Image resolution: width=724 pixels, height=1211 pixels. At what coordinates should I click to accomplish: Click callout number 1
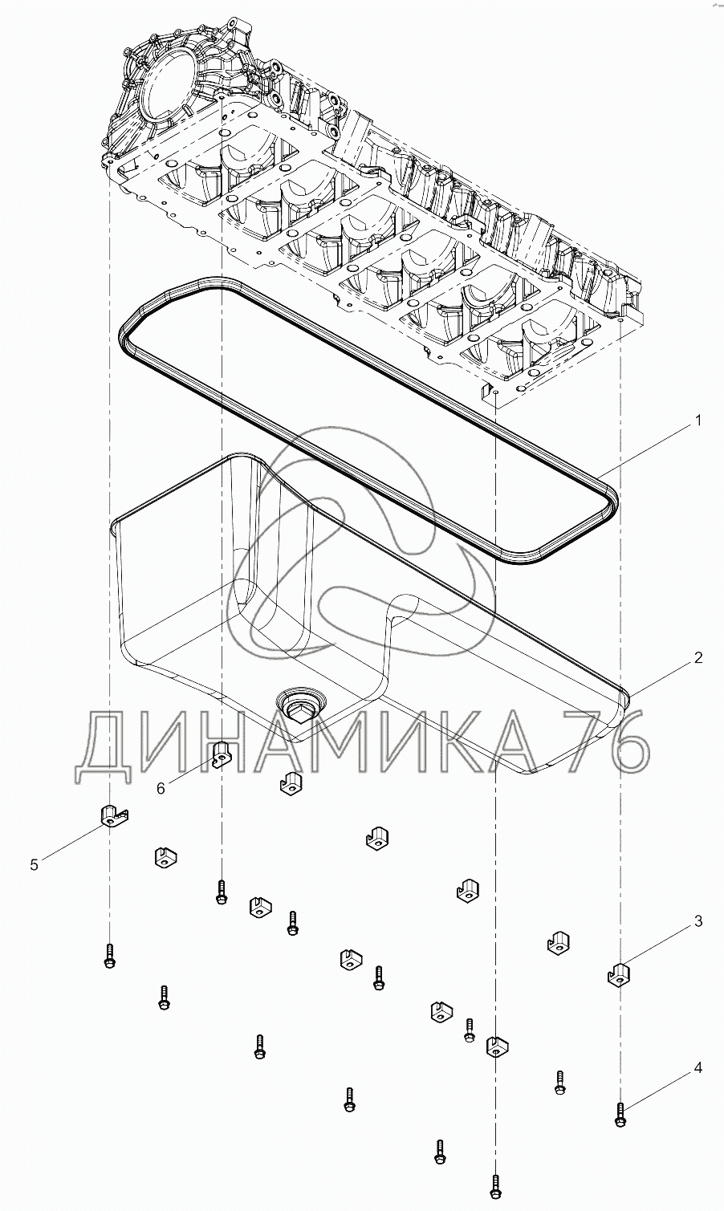pos(698,420)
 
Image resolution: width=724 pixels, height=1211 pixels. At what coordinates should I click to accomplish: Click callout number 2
pos(698,658)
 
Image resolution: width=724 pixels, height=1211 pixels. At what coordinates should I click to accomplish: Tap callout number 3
pos(698,921)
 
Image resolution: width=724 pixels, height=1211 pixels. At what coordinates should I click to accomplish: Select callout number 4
pos(698,1068)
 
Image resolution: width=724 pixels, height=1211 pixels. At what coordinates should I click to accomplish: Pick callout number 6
pos(161,788)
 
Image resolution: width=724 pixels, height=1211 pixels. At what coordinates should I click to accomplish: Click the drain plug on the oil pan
pos(299,705)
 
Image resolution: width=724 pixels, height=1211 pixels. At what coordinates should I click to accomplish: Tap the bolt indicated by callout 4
pos(620,1112)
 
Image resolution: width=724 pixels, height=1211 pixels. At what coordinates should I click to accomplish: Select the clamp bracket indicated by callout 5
pos(115,815)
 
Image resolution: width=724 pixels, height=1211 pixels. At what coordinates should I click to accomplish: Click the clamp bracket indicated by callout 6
pos(223,754)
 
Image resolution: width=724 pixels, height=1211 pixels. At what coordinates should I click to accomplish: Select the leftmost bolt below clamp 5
pos(110,956)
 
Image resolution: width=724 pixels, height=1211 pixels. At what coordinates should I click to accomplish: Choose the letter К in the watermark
pos(457,742)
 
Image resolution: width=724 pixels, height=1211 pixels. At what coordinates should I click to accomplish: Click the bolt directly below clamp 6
pos(222,892)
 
